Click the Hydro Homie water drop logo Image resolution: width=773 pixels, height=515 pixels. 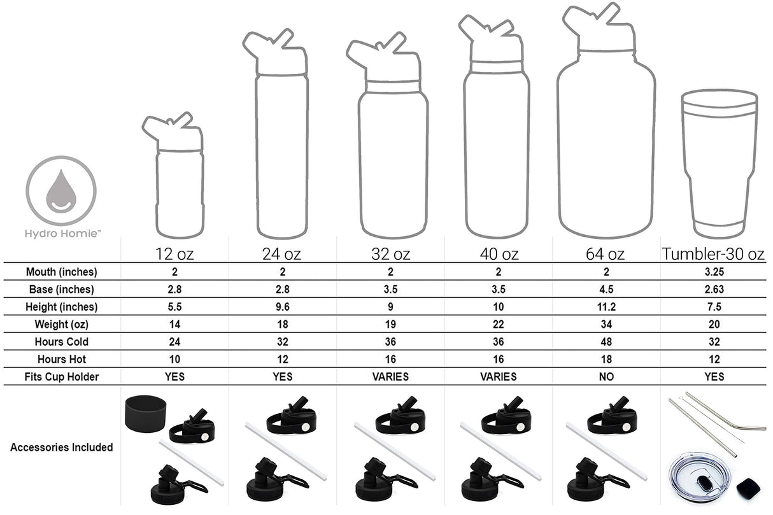click(61, 191)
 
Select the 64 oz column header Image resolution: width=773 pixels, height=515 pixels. click(605, 254)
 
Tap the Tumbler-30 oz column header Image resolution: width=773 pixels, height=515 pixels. click(713, 254)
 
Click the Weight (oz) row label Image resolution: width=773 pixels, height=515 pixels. click(61, 324)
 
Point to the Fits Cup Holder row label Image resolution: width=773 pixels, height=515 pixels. click(61, 377)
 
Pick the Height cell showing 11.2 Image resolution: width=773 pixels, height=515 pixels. click(606, 307)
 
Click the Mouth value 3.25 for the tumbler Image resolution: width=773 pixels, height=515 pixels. click(714, 272)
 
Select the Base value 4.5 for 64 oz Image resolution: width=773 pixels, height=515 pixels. click(606, 289)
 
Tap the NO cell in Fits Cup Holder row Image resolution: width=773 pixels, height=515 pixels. click(606, 377)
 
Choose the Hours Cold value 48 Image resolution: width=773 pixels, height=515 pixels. click(606, 341)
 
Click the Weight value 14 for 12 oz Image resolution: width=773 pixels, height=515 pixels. click(174, 324)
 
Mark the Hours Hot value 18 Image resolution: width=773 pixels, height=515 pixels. click(606, 359)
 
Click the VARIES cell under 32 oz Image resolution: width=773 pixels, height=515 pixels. click(390, 377)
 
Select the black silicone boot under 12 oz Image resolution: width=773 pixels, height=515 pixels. click(145, 414)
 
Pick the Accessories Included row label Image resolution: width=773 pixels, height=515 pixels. click(61, 448)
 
